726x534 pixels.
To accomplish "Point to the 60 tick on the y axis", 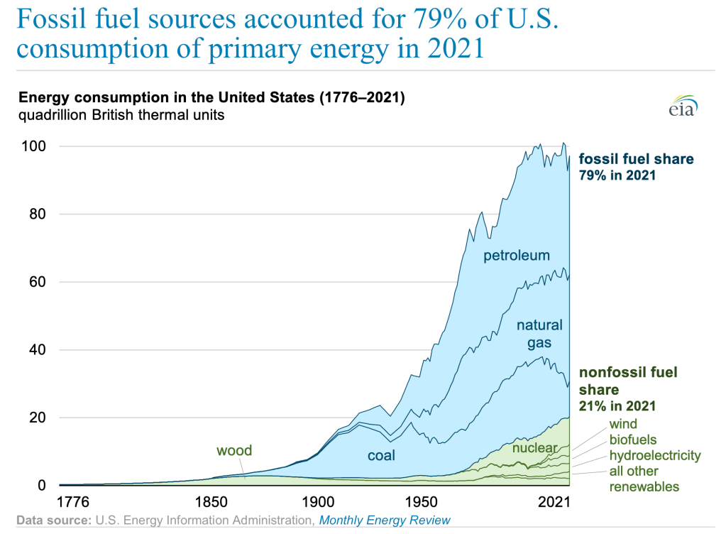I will coord(38,282).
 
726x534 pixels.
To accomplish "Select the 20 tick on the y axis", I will coord(38,418).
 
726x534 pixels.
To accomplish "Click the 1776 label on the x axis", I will coord(73,503).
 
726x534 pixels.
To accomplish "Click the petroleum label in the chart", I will coord(517,256).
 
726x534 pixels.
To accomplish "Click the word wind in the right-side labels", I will coord(623,425).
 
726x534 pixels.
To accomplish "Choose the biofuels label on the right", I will coord(632,440).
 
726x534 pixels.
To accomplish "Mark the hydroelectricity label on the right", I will coord(654,455).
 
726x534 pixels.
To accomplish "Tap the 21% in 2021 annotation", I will coord(617,405).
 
